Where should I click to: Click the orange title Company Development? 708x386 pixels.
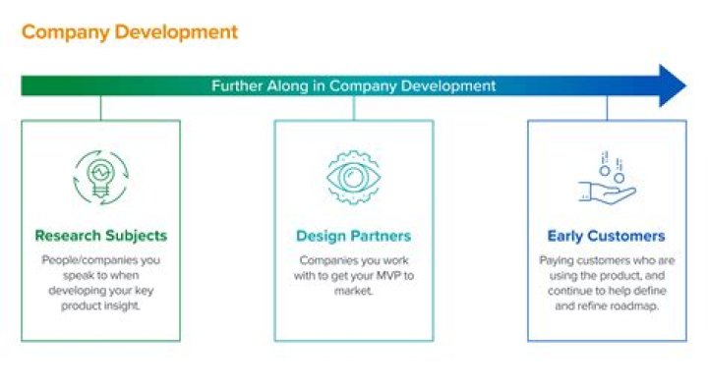pyautogui.click(x=129, y=32)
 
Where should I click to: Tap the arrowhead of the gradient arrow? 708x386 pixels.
pyautogui.click(x=673, y=85)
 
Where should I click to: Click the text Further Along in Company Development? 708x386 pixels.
pyautogui.click(x=354, y=85)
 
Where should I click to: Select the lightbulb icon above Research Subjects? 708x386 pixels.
pyautogui.click(x=100, y=176)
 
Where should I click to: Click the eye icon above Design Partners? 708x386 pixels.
pyautogui.click(x=353, y=177)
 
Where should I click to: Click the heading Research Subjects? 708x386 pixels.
pyautogui.click(x=100, y=236)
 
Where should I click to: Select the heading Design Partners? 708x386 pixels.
pyautogui.click(x=353, y=236)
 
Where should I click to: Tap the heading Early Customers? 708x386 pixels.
pyautogui.click(x=606, y=236)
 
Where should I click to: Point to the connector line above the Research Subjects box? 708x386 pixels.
pyautogui.click(x=100, y=108)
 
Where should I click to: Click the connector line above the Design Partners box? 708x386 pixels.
pyautogui.click(x=353, y=108)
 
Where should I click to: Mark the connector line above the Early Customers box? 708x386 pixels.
pyautogui.click(x=606, y=108)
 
